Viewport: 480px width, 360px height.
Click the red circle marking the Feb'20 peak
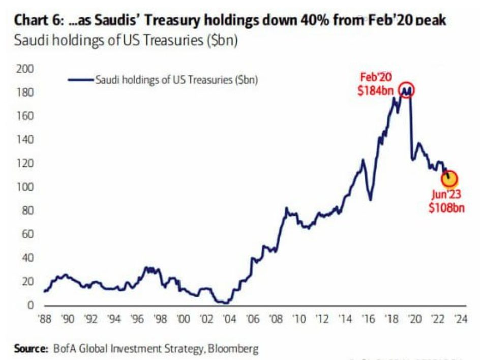click(407, 90)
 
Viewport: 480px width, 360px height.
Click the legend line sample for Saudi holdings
click(80, 79)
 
